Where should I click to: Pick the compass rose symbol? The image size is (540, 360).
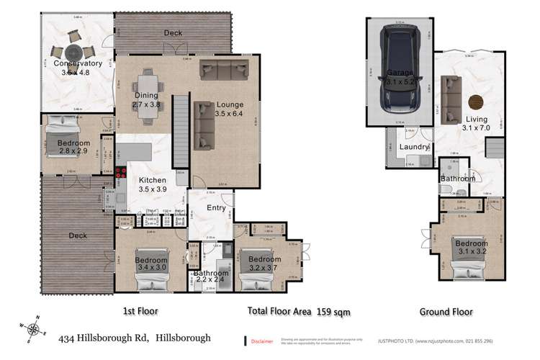(x=33, y=330)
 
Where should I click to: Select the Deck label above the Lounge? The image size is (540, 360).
(x=172, y=33)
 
